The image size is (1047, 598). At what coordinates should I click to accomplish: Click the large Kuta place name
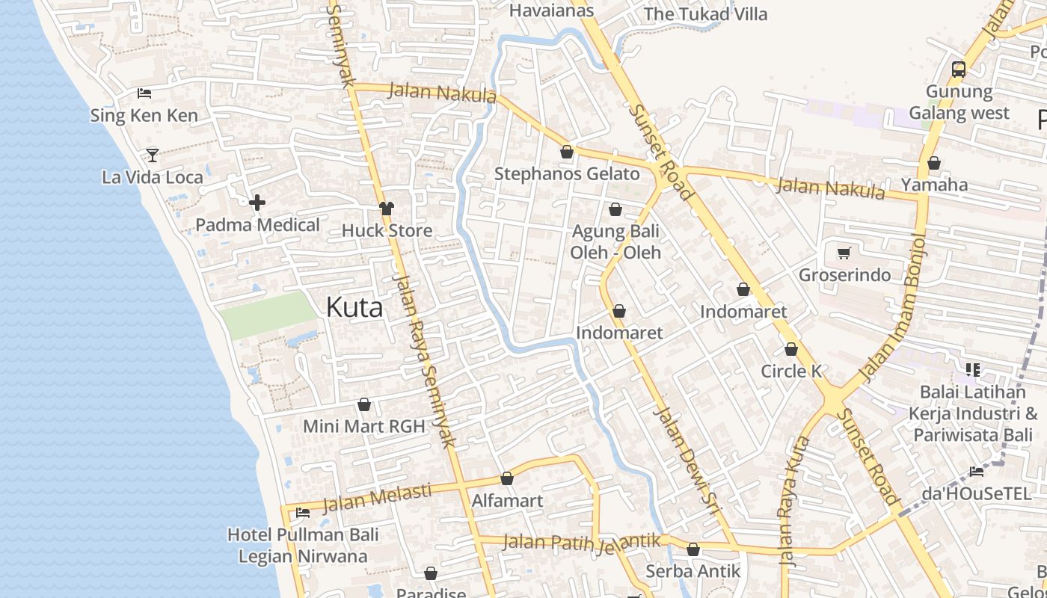[354, 307]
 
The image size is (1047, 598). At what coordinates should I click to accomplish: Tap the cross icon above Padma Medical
[257, 203]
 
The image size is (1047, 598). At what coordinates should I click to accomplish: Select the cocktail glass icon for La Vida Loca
[153, 155]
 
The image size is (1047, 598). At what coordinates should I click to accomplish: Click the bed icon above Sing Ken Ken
[144, 93]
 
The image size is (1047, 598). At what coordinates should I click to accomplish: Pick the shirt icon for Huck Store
[387, 209]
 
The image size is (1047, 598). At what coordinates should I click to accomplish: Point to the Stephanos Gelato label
[567, 174]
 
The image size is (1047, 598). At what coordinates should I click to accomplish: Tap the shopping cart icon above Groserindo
[844, 253]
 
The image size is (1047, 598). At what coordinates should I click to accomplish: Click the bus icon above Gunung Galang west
[959, 70]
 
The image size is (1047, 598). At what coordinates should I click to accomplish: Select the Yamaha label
[934, 185]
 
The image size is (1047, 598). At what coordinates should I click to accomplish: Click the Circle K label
[791, 372]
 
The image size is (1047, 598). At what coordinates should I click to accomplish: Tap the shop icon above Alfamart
[507, 478]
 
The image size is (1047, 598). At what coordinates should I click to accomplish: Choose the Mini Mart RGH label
[363, 426]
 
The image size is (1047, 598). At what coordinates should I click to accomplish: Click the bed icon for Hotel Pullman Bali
[303, 513]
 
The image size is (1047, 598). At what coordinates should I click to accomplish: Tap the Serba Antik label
[693, 571]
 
